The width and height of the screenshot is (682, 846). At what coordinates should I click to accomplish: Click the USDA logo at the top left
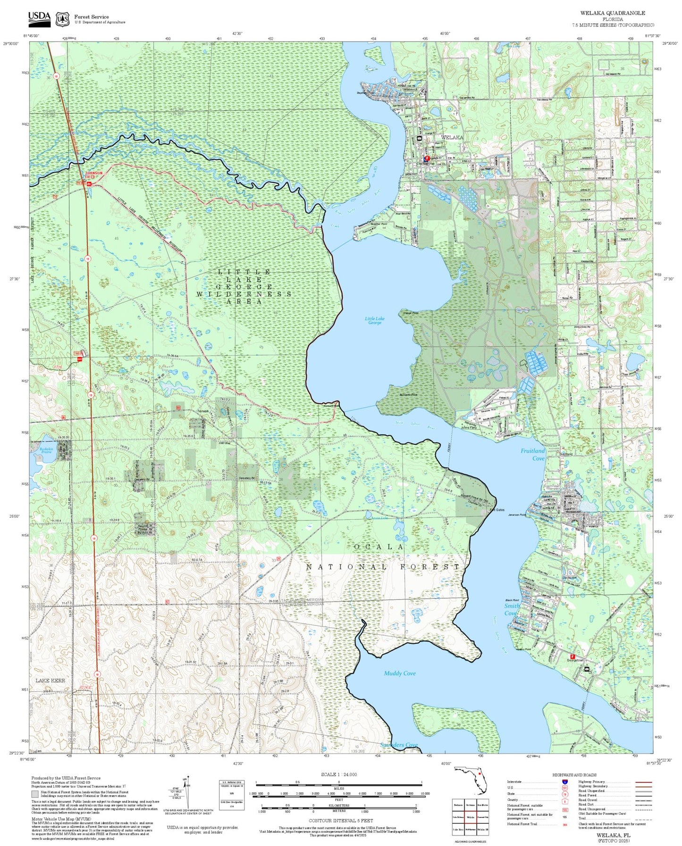39,18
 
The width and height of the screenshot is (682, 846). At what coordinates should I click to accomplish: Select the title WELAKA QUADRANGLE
613,13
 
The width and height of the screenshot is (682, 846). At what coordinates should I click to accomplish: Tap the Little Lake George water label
374,321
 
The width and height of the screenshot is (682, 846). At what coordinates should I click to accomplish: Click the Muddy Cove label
399,673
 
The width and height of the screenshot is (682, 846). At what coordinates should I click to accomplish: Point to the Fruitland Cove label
532,454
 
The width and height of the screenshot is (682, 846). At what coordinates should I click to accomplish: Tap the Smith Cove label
511,609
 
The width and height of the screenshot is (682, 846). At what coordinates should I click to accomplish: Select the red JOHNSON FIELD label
93,174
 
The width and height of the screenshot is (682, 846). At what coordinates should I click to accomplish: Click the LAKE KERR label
50,680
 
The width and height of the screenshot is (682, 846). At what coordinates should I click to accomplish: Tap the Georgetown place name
575,661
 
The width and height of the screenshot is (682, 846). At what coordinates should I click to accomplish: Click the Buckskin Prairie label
45,451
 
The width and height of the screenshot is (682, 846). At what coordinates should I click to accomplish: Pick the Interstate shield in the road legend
564,782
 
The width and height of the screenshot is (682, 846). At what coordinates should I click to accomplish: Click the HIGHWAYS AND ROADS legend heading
574,775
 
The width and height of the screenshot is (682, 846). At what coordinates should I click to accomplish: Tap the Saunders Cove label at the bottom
399,745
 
